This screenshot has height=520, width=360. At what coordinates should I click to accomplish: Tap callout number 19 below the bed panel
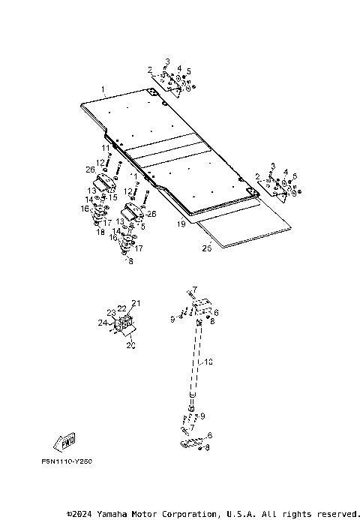pyautogui.click(x=180, y=224)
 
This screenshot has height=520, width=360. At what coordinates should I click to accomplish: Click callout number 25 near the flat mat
pyautogui.click(x=207, y=246)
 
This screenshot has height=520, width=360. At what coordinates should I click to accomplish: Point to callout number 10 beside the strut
pyautogui.click(x=209, y=362)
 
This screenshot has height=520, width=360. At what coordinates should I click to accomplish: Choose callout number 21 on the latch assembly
pyautogui.click(x=136, y=303)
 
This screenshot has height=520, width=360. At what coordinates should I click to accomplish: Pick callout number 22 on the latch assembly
pyautogui.click(x=121, y=308)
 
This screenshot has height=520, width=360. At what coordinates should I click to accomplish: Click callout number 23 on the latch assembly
pyautogui.click(x=111, y=313)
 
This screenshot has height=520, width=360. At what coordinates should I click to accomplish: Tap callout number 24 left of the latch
pyautogui.click(x=102, y=323)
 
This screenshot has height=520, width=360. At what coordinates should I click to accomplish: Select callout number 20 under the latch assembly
pyautogui.click(x=131, y=346)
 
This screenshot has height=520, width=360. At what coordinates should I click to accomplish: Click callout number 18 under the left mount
pyautogui.click(x=100, y=233)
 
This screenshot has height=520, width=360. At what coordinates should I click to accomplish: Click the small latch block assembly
pyautogui.click(x=124, y=326)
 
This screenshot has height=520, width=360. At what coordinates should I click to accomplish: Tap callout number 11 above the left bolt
pyautogui.click(x=106, y=148)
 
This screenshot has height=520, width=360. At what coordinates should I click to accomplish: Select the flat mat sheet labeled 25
pyautogui.click(x=247, y=229)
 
